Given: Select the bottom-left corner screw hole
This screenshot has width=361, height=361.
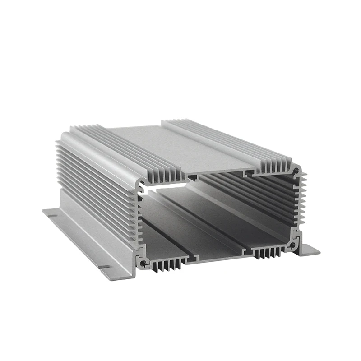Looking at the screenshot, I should [x=143, y=262].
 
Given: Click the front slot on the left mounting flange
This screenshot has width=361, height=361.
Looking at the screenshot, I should [x=104, y=267].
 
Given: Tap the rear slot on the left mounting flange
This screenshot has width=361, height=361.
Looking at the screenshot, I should [x=53, y=215].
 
